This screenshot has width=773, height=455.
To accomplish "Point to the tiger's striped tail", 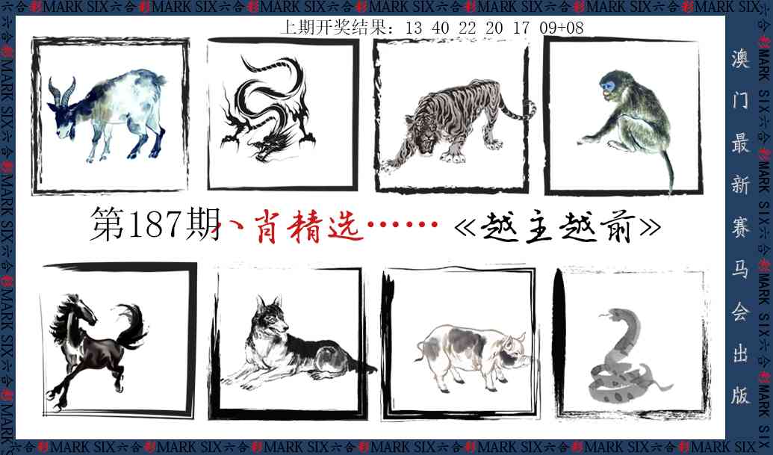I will click(518, 112).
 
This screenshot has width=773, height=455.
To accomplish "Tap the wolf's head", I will click(271, 318).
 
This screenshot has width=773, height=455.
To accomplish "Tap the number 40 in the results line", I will click(441, 28).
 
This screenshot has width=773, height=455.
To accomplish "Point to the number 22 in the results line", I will click(468, 28).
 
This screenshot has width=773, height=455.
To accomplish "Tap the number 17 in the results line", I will click(522, 28).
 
